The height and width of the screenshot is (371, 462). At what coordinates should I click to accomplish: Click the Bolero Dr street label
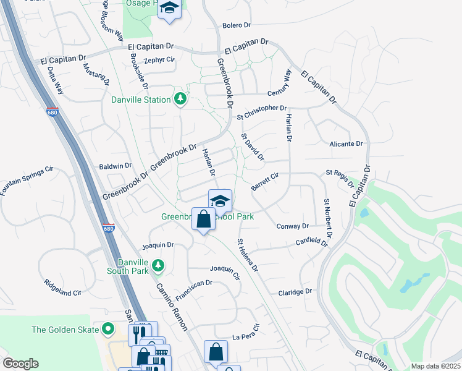coord(237,25)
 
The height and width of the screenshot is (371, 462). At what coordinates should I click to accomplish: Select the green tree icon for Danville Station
coord(180,100)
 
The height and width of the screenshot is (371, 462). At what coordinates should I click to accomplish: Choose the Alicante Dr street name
coord(346,143)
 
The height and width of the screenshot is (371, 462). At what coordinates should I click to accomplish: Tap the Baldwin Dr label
coord(115,166)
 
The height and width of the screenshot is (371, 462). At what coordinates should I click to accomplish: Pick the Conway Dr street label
coord(292,226)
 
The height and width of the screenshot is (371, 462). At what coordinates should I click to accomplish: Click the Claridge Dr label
coord(295,291)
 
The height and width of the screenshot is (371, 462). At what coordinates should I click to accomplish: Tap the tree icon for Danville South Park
coord(158,265)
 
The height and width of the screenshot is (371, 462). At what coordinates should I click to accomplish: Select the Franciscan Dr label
coord(194,291)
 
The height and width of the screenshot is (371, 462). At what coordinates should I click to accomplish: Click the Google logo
coord(20,364)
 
